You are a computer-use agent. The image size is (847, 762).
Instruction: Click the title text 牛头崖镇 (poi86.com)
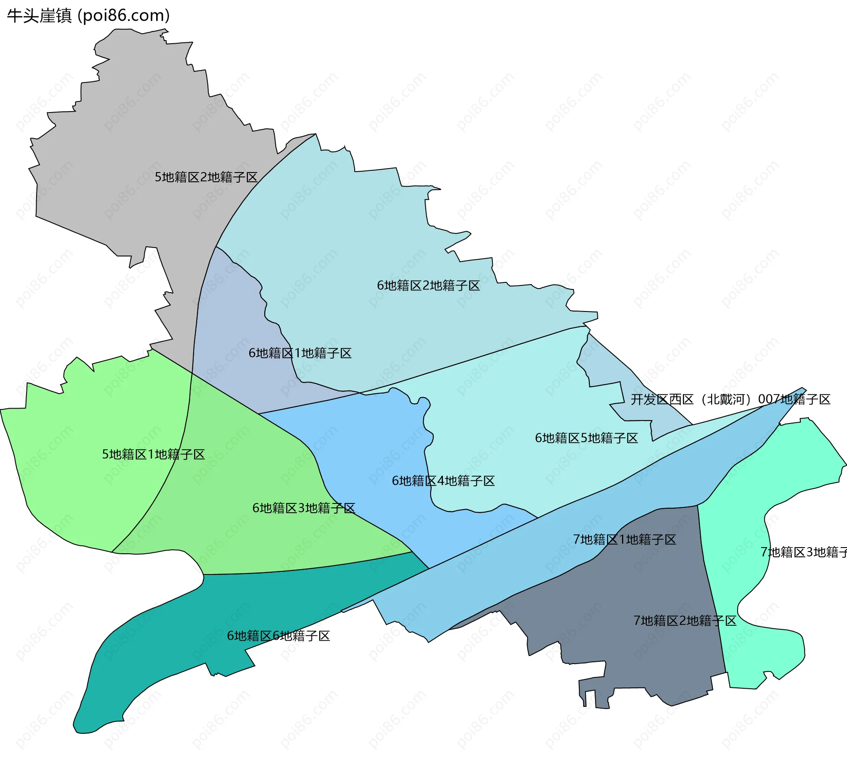[x=88, y=16]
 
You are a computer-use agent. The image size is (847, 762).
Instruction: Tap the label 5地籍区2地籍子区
[x=206, y=177]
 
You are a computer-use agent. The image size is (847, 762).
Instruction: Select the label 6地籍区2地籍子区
[x=428, y=286]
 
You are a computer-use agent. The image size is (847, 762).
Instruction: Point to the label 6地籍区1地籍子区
[x=300, y=353]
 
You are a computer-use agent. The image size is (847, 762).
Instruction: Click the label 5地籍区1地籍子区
[x=154, y=454]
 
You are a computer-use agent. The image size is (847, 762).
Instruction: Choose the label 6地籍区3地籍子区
[x=304, y=508]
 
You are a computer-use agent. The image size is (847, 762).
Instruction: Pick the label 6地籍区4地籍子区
[x=443, y=481]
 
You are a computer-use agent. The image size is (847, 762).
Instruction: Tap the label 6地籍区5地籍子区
[x=586, y=438]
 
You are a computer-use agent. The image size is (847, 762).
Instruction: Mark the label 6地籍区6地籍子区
[x=278, y=636]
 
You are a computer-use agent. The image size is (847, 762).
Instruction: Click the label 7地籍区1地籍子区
[x=624, y=540]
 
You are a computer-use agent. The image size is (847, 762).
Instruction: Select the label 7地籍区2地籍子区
[x=685, y=621]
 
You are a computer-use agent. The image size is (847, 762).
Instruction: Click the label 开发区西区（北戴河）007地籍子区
[x=730, y=400]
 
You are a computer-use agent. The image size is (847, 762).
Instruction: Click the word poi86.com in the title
[x=124, y=16]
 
